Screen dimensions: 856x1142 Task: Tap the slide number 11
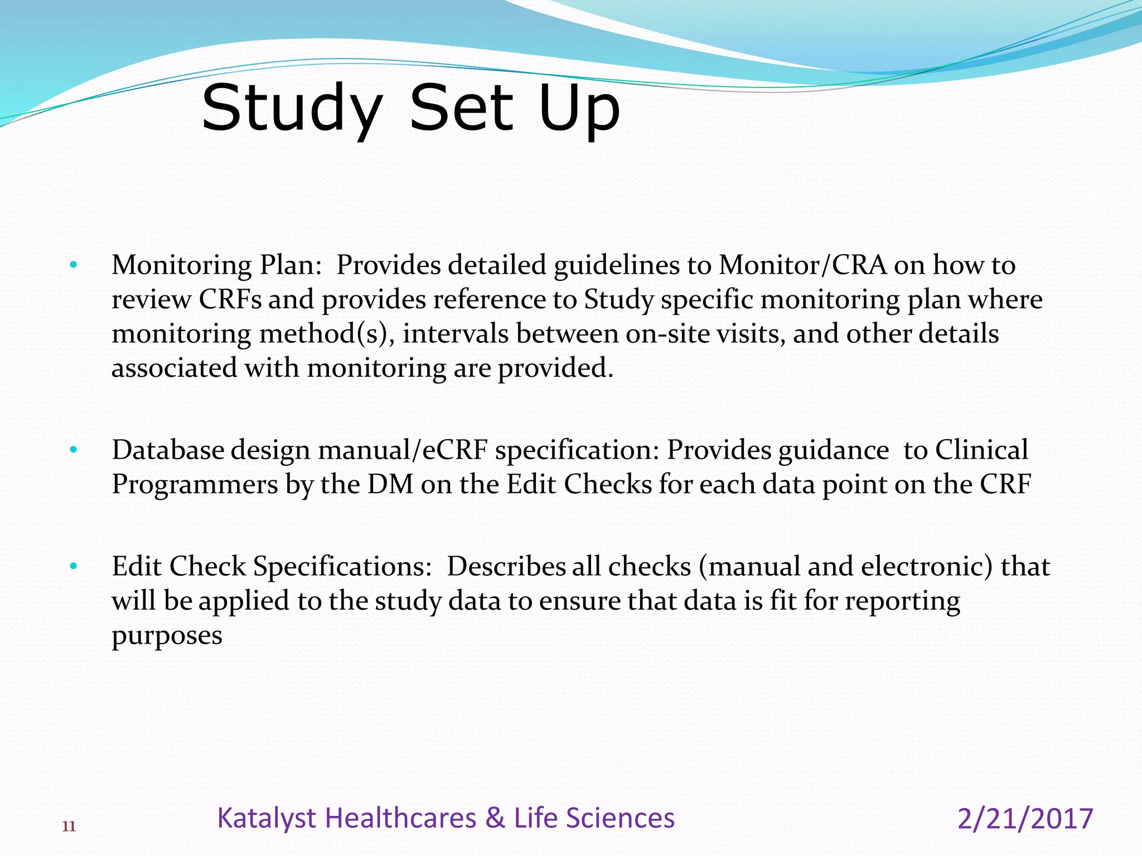pyautogui.click(x=69, y=826)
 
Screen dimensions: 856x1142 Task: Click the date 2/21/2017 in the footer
pyautogui.click(x=1025, y=819)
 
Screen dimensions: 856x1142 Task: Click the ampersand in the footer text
pyautogui.click(x=495, y=818)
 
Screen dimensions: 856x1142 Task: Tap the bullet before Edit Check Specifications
pyautogui.click(x=73, y=567)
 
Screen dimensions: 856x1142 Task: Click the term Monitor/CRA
pyautogui.click(x=802, y=265)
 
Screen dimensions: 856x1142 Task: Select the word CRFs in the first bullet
pyautogui.click(x=230, y=299)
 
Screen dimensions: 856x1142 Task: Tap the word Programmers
pyautogui.click(x=195, y=484)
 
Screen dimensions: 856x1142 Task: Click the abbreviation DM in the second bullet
pyautogui.click(x=390, y=484)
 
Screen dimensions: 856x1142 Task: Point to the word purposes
pyautogui.click(x=167, y=636)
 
